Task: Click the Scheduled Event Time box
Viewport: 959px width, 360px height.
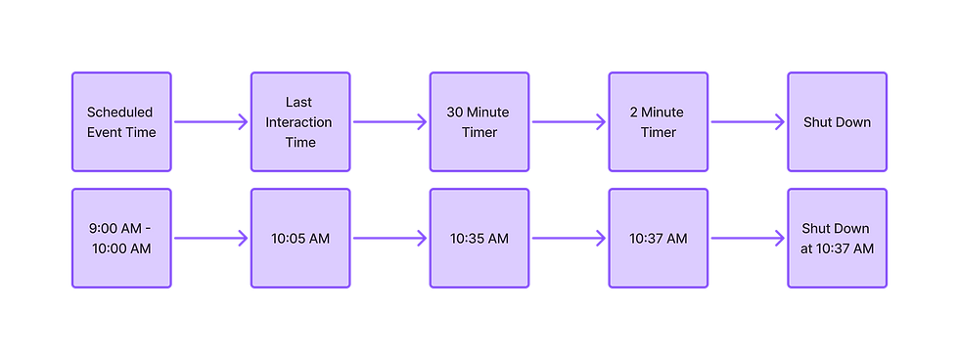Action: (120, 122)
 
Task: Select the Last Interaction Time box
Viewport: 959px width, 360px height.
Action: (300, 122)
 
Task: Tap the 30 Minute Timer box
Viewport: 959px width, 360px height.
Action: (479, 122)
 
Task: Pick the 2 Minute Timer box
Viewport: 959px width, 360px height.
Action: (659, 122)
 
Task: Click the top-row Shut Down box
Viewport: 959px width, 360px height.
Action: (837, 122)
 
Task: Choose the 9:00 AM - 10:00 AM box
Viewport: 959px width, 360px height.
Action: (120, 239)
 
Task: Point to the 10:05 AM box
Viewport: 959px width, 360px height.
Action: (300, 239)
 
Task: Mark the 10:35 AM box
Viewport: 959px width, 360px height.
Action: (479, 239)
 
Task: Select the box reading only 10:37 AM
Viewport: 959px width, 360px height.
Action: (659, 239)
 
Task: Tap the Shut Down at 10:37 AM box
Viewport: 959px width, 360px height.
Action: (837, 239)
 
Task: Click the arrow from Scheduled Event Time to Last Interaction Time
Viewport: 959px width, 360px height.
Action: (210, 122)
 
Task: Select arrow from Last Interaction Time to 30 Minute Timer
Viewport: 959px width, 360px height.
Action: (389, 122)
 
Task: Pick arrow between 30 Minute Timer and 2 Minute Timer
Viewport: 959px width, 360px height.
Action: (569, 122)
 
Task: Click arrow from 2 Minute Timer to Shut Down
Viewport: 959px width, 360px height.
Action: (748, 122)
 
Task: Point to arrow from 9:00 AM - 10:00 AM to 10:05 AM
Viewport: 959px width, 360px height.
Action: (210, 239)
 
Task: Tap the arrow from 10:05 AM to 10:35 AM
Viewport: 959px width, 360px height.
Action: (389, 239)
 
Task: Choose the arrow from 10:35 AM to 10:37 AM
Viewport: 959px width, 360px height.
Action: (569, 239)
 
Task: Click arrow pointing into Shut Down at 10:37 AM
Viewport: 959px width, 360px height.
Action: (748, 239)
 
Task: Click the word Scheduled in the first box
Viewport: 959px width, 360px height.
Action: (119, 112)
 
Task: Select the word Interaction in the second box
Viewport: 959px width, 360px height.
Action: (300, 122)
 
